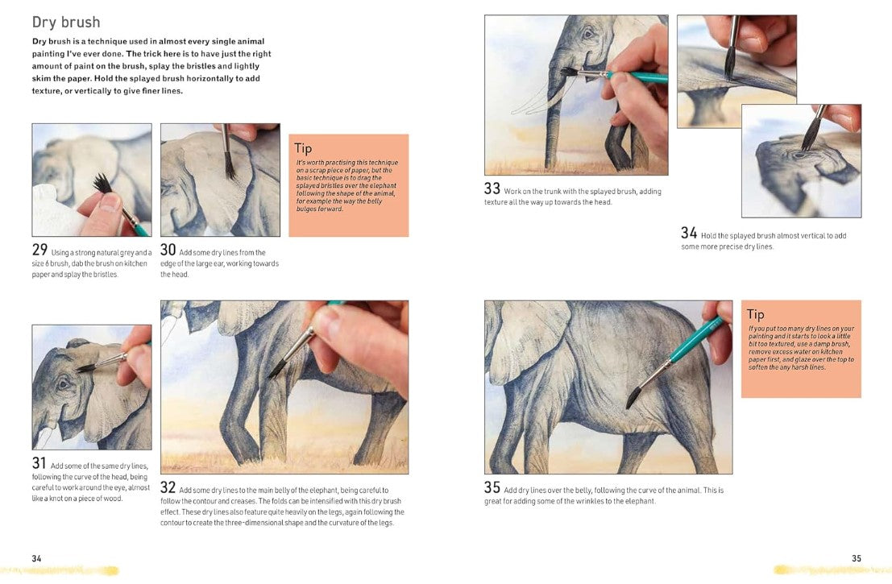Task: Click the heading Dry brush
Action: tap(66, 23)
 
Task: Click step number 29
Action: tap(39, 250)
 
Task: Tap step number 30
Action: tap(168, 250)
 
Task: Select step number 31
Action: tap(39, 463)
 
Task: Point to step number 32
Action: tap(168, 487)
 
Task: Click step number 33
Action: tap(492, 188)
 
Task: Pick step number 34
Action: tap(689, 233)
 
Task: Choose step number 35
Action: tap(492, 487)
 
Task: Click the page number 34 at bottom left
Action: tap(36, 558)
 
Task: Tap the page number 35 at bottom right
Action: tap(857, 558)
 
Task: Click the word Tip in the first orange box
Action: tap(303, 149)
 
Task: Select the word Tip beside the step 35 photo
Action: tap(756, 314)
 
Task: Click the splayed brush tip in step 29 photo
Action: tap(102, 183)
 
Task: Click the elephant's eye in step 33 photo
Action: tap(587, 34)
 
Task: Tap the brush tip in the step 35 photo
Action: tap(633, 398)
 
